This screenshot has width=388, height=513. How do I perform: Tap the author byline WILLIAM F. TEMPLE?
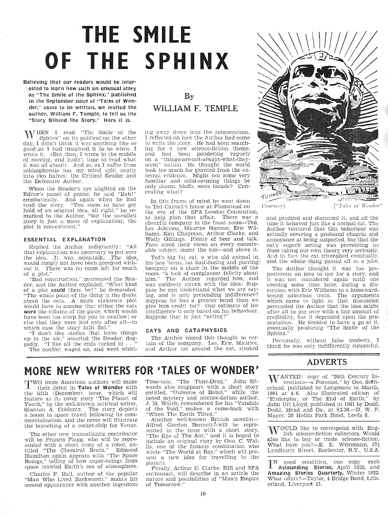(189, 108)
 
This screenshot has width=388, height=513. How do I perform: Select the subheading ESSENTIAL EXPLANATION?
(58, 240)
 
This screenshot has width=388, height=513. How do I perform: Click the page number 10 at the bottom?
(203, 493)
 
